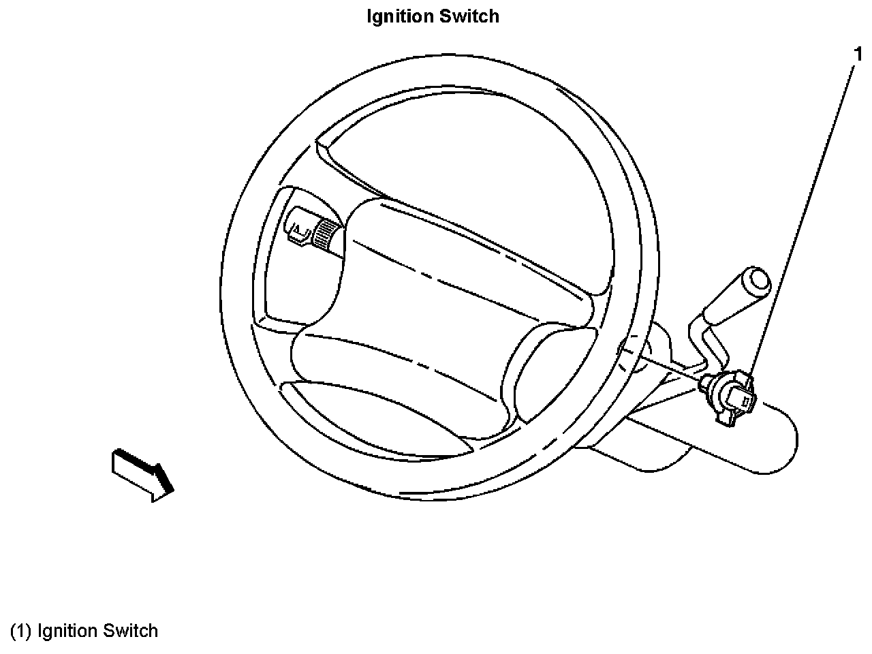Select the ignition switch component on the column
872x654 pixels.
click(730, 399)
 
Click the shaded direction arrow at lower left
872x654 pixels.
click(142, 473)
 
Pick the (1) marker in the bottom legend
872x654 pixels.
click(20, 631)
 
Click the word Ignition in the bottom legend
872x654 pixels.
click(67, 631)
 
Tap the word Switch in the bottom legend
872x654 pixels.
click(129, 631)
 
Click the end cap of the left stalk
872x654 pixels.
click(298, 228)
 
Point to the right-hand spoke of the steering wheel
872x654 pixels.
click(545, 375)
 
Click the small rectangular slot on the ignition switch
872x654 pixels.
click(747, 402)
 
